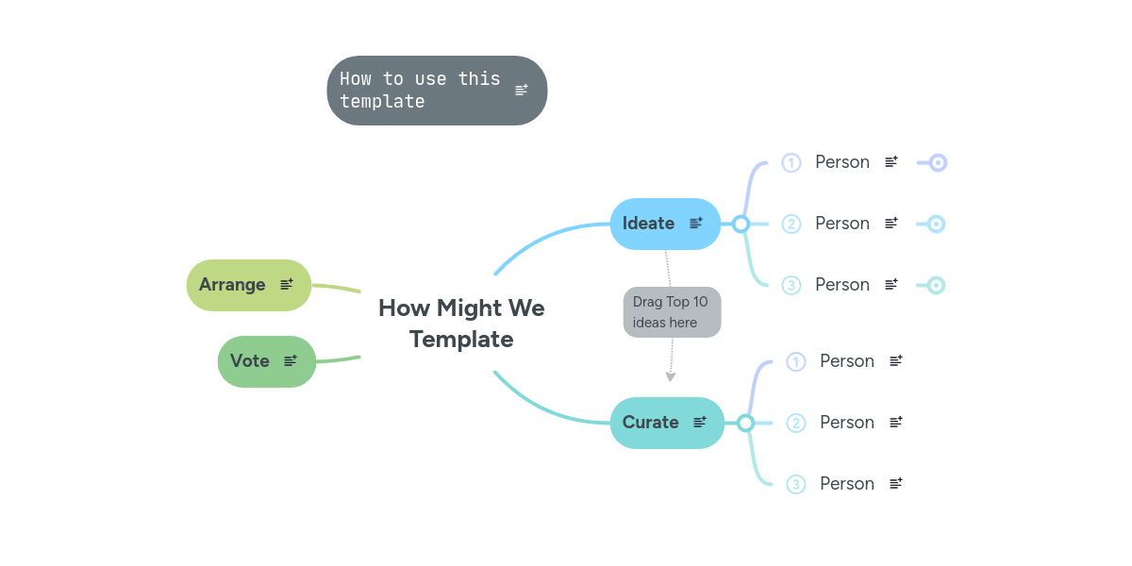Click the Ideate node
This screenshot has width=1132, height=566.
click(x=649, y=224)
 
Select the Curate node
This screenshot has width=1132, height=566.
click(x=651, y=423)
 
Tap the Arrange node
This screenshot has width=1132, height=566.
click(x=232, y=285)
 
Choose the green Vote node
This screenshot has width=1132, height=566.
click(x=250, y=361)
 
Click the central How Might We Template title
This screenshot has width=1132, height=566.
click(x=461, y=324)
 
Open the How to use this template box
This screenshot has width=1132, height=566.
click(x=421, y=91)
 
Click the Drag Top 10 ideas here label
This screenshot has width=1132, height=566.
click(x=671, y=312)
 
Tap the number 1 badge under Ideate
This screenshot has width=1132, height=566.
click(x=791, y=163)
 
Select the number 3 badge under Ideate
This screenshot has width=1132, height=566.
click(x=791, y=285)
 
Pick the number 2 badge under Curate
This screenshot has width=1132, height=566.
click(x=796, y=423)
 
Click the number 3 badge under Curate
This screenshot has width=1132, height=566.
click(x=796, y=484)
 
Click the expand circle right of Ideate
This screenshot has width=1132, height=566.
click(x=741, y=225)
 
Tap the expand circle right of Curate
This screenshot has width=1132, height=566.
click(x=745, y=423)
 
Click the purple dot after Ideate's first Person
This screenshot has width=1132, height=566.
click(x=938, y=163)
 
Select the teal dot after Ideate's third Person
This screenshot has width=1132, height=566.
click(x=936, y=285)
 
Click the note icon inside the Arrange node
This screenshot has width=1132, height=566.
click(x=287, y=284)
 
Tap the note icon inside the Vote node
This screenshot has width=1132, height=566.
click(x=291, y=360)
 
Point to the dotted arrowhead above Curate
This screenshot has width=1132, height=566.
click(x=671, y=376)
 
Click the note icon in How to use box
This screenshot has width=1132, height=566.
click(x=522, y=91)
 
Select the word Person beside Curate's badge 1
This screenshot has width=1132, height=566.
click(x=847, y=361)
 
